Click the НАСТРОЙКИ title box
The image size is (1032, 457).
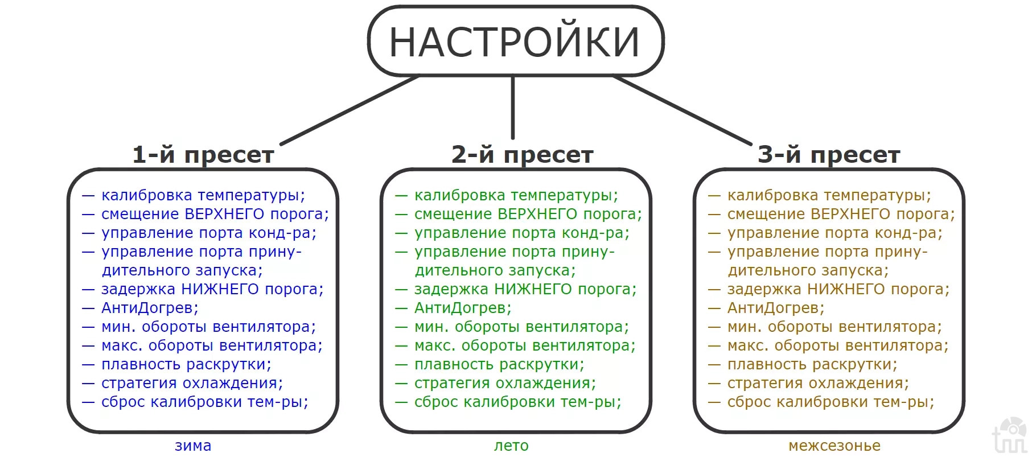516,41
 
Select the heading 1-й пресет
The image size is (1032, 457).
203,155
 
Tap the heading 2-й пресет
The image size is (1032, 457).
522,155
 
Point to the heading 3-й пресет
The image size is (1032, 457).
829,155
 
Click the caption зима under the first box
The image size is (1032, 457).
193,446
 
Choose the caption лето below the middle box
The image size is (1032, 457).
511,446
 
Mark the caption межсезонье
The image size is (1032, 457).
834,446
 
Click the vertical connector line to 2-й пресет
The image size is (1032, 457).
513,108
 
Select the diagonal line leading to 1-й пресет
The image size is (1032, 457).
349,110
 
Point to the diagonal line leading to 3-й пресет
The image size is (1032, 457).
682,110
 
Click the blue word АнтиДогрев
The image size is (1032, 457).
147,308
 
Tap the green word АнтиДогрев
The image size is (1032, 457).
460,308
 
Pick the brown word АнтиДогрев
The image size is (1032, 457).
773,308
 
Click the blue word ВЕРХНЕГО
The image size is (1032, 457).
225,214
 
